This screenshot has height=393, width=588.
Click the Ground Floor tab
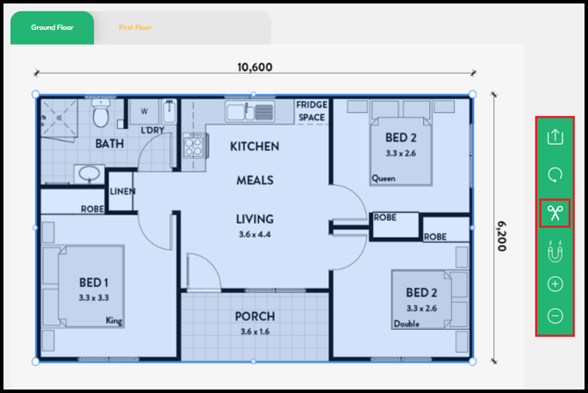click(52, 28)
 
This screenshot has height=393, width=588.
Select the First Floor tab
click(135, 27)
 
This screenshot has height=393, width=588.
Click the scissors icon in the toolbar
click(555, 213)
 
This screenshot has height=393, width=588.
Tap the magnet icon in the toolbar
click(555, 251)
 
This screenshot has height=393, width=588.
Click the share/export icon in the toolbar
click(555, 137)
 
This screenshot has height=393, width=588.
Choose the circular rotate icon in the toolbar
click(555, 175)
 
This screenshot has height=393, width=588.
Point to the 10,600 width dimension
click(255, 68)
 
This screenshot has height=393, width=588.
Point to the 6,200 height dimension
click(502, 236)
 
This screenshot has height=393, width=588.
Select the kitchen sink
click(250, 111)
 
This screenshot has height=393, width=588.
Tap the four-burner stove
click(194, 145)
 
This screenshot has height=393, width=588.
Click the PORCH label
click(255, 317)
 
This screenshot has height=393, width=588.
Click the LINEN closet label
click(122, 191)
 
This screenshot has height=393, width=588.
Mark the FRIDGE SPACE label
click(312, 111)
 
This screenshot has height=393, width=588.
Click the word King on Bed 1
click(113, 320)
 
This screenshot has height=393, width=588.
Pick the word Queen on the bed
click(384, 178)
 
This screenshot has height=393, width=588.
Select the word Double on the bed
click(406, 324)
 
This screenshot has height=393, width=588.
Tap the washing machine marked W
click(145, 111)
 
